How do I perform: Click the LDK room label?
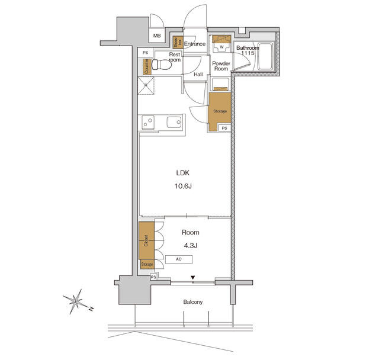(182, 173)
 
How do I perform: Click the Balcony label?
(192, 302)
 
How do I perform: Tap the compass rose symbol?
(76, 300)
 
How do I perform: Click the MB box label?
(157, 36)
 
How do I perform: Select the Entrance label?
(194, 44)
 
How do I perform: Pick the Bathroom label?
(247, 47)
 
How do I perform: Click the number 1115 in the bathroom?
(247, 54)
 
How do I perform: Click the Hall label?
(198, 74)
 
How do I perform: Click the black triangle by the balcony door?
(192, 277)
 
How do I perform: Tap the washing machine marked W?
(221, 46)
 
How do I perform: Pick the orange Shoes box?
(176, 42)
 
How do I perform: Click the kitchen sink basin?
(174, 123)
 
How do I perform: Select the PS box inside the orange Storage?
(224, 128)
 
